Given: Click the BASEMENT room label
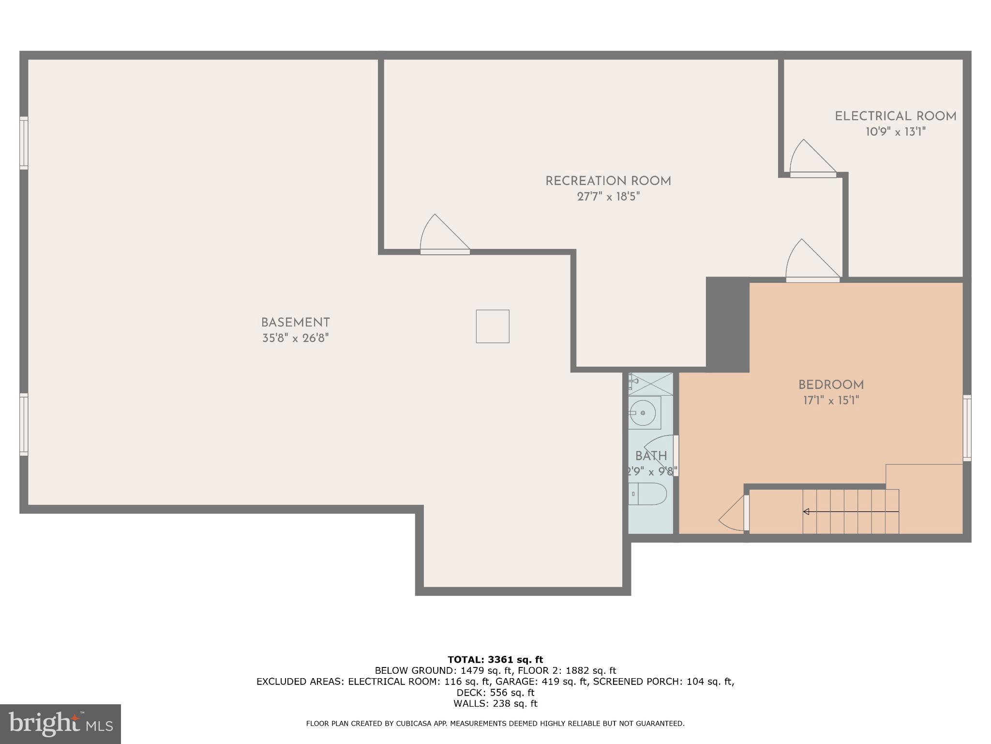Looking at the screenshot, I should [295, 323].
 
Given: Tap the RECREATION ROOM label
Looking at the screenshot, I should [608, 181].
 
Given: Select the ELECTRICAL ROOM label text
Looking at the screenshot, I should [895, 116].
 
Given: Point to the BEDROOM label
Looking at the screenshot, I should [831, 385].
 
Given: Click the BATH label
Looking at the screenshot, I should [651, 456].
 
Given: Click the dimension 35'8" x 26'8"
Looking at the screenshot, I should [295, 338].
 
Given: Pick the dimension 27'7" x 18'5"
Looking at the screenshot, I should [608, 197].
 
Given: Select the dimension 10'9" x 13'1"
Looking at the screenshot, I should [895, 132].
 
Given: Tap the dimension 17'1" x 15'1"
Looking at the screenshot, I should [831, 401].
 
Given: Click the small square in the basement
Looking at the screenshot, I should [493, 326].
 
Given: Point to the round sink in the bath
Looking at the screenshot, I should [643, 413].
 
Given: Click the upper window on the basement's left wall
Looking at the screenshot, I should [24, 143].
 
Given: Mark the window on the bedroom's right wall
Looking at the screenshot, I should [966, 428].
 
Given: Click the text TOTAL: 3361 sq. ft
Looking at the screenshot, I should [495, 659].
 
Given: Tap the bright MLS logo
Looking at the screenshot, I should [60, 724].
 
